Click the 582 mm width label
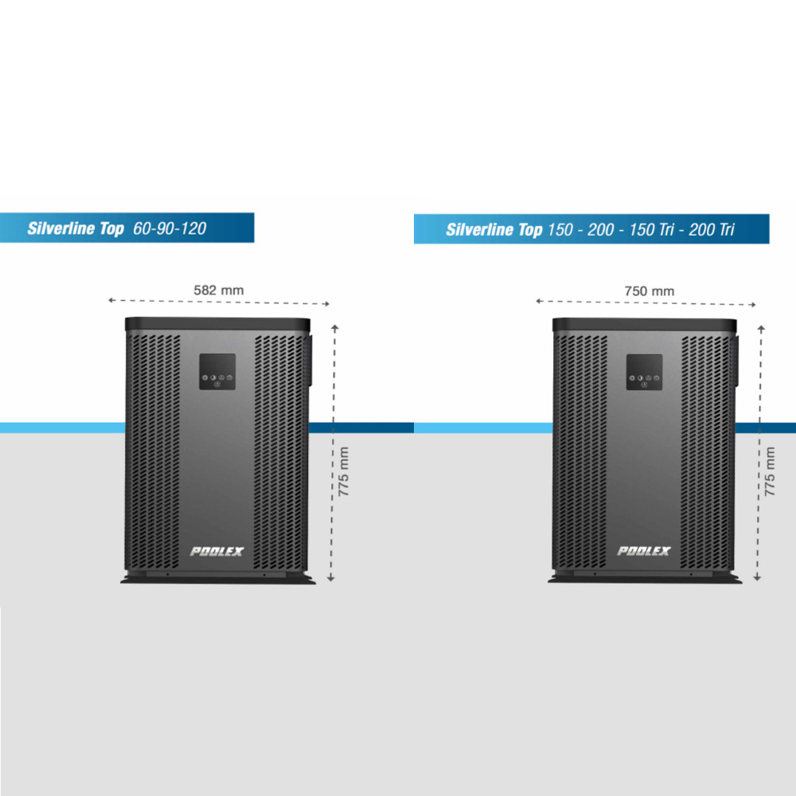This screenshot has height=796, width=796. tap(219, 291)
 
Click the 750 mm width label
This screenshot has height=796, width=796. tap(649, 291)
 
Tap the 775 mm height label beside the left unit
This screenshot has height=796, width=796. tap(344, 472)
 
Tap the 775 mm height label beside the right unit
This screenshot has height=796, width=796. tap(770, 472)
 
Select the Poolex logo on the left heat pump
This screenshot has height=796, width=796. tap(217, 551)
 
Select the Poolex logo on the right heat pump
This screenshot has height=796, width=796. tap(644, 551)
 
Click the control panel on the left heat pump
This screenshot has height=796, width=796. tap(217, 372)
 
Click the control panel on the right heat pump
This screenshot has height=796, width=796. tap(644, 372)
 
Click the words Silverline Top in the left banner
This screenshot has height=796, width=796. tap(76, 229)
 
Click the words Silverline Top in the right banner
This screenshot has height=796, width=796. tap(494, 231)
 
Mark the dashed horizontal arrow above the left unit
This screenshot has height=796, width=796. tap(219, 302)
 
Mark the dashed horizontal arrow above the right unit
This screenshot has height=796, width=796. tap(646, 302)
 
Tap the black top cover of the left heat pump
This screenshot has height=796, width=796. tap(217, 325)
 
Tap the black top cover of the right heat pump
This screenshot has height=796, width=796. tap(644, 325)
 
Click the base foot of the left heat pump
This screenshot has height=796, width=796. tap(217, 579)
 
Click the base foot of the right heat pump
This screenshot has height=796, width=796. tap(644, 579)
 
